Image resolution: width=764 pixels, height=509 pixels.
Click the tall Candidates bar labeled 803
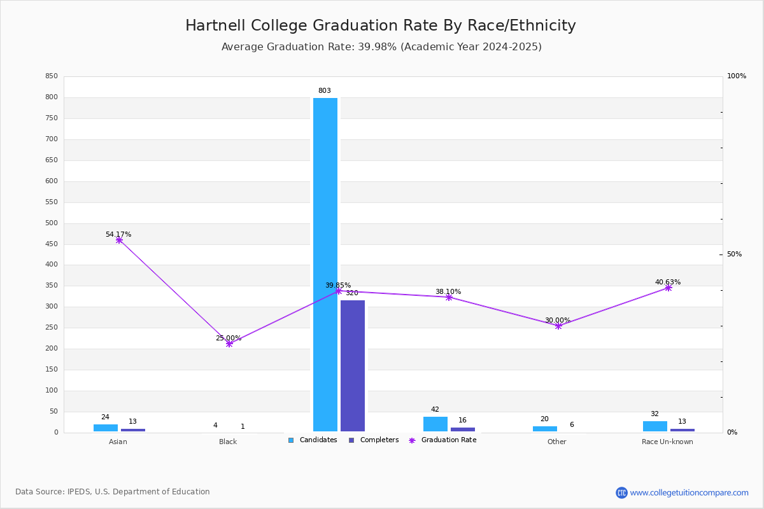(x=325, y=264)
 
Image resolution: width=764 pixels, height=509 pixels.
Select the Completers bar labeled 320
(x=353, y=366)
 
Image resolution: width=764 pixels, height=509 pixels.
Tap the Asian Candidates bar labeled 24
(x=106, y=428)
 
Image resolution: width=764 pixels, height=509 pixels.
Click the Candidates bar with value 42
(x=435, y=424)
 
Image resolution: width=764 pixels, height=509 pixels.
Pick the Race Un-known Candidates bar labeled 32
(x=655, y=426)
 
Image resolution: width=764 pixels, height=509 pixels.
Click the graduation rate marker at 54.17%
(x=119, y=240)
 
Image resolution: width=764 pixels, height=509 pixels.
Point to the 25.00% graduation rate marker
(x=229, y=344)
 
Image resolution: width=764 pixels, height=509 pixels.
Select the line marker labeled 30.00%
(x=558, y=326)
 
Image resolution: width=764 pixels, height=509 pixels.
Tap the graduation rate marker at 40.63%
(x=668, y=288)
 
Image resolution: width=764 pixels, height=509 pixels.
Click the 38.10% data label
(x=448, y=292)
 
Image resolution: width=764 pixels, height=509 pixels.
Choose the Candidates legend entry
(x=313, y=440)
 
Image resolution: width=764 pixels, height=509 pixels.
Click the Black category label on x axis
(x=228, y=442)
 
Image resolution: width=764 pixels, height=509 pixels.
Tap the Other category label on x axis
(x=556, y=442)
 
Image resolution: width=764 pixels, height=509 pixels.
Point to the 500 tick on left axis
(x=51, y=223)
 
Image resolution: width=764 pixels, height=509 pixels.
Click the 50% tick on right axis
(x=734, y=254)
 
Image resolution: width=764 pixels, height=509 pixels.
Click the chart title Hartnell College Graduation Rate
(x=381, y=25)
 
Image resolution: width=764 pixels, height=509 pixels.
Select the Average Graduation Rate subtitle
(x=381, y=47)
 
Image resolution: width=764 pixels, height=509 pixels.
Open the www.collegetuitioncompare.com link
(x=689, y=492)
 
